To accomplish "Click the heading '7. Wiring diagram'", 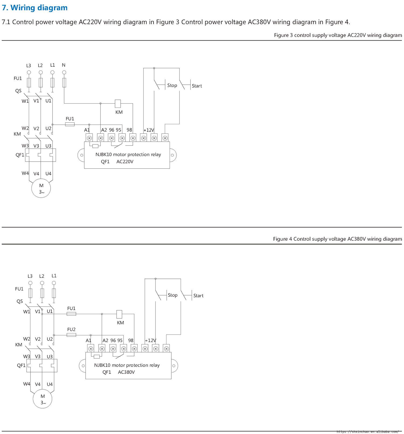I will click(x=35, y=8).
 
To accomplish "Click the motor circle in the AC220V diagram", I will click(x=41, y=188).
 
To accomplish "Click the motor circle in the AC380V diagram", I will click(x=43, y=399).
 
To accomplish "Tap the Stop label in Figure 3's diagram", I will click(x=172, y=85).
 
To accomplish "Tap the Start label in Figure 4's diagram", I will click(x=198, y=296).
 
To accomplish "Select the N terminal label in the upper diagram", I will click(x=64, y=65).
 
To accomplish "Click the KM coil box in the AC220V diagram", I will click(x=118, y=104).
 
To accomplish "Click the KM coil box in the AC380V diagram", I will click(x=119, y=314).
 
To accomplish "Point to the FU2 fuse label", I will click(x=71, y=329).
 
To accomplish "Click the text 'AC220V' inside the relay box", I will click(x=125, y=162).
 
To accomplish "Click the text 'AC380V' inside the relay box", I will click(x=126, y=372).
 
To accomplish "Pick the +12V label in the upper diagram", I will click(x=149, y=130).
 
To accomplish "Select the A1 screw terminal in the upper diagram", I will click(x=89, y=138).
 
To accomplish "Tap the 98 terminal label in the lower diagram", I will click(x=131, y=340).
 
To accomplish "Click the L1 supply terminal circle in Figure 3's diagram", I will click(x=53, y=72).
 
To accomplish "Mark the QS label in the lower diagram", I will click(x=20, y=301).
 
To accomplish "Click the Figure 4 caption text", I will click(x=337, y=239).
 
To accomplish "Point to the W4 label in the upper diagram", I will click(x=25, y=173).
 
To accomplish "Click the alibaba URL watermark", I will click(x=367, y=432).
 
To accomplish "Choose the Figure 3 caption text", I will click(x=338, y=35).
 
